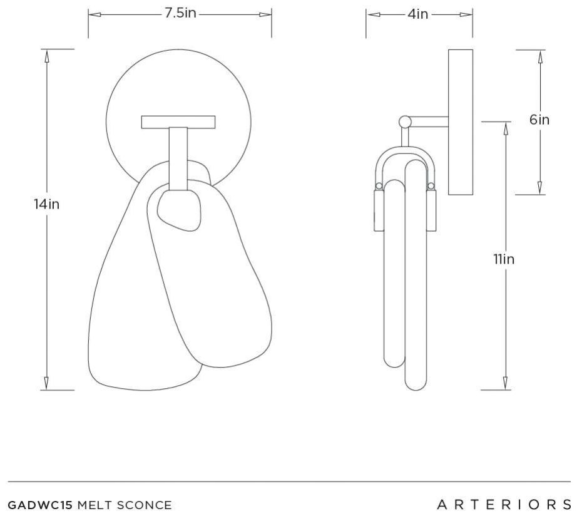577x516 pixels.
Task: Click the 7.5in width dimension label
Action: (180, 13)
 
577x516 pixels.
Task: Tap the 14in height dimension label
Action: (47, 204)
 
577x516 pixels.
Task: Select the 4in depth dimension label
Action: (417, 14)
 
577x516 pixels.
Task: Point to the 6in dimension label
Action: (539, 120)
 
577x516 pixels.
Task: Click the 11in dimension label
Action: (504, 259)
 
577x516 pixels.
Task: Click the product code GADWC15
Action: (40, 505)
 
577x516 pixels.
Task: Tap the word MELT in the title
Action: (94, 505)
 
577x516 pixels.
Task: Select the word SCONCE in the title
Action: (144, 505)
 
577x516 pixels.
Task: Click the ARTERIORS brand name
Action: (504, 505)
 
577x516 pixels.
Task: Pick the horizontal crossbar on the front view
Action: (178, 122)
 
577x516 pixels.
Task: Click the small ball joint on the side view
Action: (405, 121)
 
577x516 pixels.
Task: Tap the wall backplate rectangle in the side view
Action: (461, 122)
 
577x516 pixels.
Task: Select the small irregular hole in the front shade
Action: (179, 210)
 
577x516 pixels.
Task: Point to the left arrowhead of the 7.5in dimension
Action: (94, 15)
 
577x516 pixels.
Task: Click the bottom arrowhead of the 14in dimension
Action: (47, 383)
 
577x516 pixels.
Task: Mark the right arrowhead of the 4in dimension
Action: (466, 15)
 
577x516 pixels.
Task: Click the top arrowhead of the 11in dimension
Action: (506, 128)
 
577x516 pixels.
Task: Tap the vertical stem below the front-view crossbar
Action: (178, 158)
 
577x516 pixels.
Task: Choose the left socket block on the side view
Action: (379, 210)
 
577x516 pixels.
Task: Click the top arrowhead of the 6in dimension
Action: (540, 57)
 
